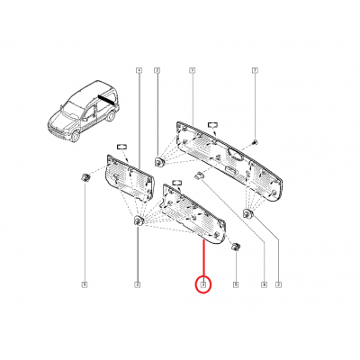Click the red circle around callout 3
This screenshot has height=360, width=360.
[x=204, y=285]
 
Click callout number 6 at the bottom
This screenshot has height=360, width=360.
[x=264, y=285]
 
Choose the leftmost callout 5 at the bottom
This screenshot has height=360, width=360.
[x=84, y=285]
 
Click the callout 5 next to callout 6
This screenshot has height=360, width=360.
[x=234, y=285]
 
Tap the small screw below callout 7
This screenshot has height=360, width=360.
[x=255, y=144]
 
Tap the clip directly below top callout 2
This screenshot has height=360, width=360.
[x=158, y=162]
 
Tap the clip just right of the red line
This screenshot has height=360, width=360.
[x=235, y=247]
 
